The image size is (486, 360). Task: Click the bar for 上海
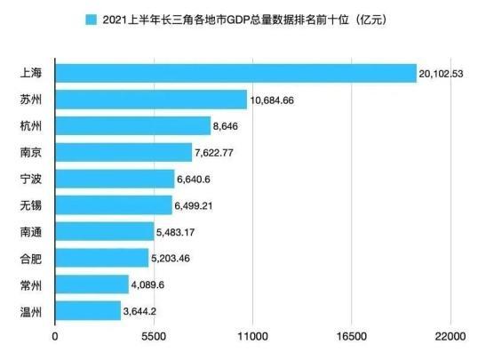click(x=235, y=73)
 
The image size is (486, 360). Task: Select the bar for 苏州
click(x=151, y=100)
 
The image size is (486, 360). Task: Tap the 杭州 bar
click(x=133, y=126)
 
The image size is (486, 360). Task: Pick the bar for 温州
click(x=88, y=311)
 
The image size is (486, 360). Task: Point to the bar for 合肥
click(x=102, y=258)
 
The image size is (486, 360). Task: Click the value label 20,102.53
click(x=447, y=73)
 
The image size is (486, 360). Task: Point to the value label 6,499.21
click(x=197, y=205)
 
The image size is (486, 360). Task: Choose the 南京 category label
click(x=30, y=153)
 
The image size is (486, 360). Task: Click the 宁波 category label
click(x=30, y=179)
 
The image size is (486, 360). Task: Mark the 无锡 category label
click(x=30, y=205)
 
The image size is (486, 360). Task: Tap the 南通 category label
click(x=30, y=232)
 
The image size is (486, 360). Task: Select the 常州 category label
click(x=30, y=284)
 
